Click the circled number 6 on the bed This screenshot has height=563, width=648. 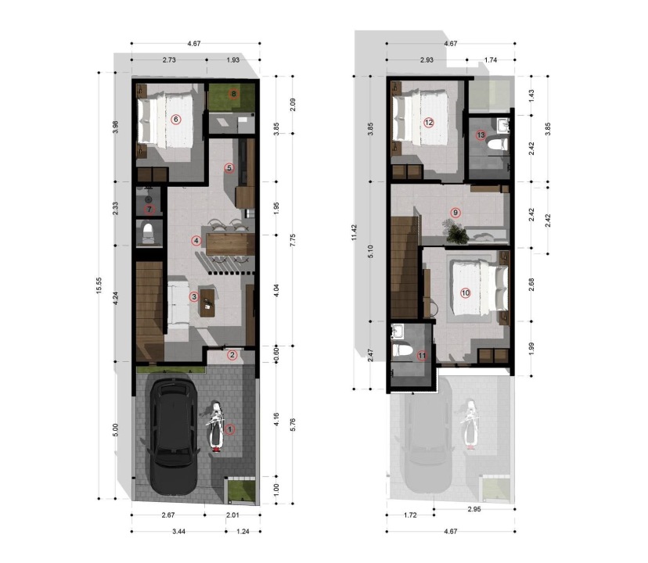coord(175,120)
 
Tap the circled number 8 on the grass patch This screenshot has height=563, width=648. coord(233,94)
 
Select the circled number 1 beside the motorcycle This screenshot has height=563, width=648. coord(229,429)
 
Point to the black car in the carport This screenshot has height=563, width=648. coord(172,436)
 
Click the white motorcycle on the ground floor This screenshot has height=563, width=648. coord(216,426)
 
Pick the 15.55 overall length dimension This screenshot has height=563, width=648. coord(99,285)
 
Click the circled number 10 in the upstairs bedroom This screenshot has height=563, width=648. coord(466,293)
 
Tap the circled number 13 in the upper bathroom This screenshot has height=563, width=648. coord(481,135)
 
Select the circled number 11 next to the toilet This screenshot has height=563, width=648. coord(422,356)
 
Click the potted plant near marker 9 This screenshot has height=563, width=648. coord(455,231)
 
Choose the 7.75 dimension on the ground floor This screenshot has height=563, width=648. coord(293,240)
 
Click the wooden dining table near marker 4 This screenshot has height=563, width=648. coord(230,244)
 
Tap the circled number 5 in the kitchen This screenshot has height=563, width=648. coord(229,168)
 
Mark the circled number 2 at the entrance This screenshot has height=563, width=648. coord(232,355)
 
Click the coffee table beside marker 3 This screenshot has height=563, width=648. coord(207,303)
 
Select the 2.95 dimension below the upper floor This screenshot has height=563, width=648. coord(474,509)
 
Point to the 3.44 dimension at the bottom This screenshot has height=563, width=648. coord(178,532)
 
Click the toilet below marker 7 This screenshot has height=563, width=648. coord(148,232)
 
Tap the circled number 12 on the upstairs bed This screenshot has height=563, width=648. coord(429,122)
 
